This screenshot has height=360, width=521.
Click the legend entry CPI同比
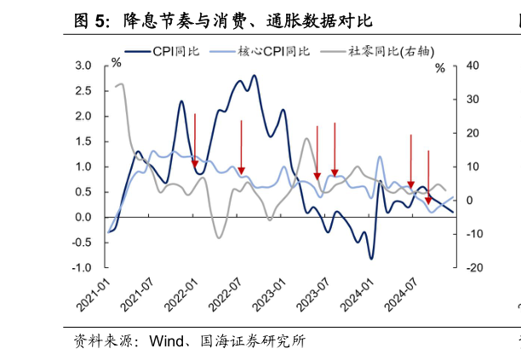tap(175, 52)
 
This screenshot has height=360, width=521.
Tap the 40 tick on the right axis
tap(449, 66)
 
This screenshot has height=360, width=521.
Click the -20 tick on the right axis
tap(450, 268)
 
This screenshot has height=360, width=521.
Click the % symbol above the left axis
tap(116, 63)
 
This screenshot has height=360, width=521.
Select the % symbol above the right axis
tap(440, 68)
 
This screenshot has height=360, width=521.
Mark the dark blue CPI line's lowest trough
tap(371, 258)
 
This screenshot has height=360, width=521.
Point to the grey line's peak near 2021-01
tap(121, 83)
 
